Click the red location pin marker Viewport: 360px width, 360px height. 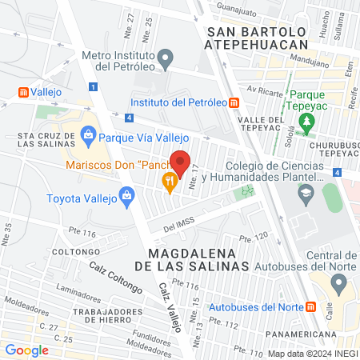pos(181,162)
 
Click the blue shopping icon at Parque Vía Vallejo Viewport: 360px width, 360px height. pos(86,136)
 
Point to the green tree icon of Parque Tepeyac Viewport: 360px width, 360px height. pos(306,122)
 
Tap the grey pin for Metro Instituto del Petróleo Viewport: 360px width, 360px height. pos(166,58)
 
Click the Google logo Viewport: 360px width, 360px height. pos(26,350)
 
